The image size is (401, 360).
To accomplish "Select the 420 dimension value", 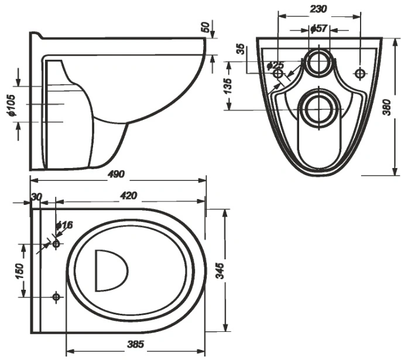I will coord(129,196).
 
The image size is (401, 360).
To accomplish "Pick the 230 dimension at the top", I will coord(318,9).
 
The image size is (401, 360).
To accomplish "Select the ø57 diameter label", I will coord(319,28).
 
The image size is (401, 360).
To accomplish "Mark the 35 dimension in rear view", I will coord(240,49).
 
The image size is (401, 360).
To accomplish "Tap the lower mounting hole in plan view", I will coord(56,297).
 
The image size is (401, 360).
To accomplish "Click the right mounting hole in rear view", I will coord(360,73).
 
